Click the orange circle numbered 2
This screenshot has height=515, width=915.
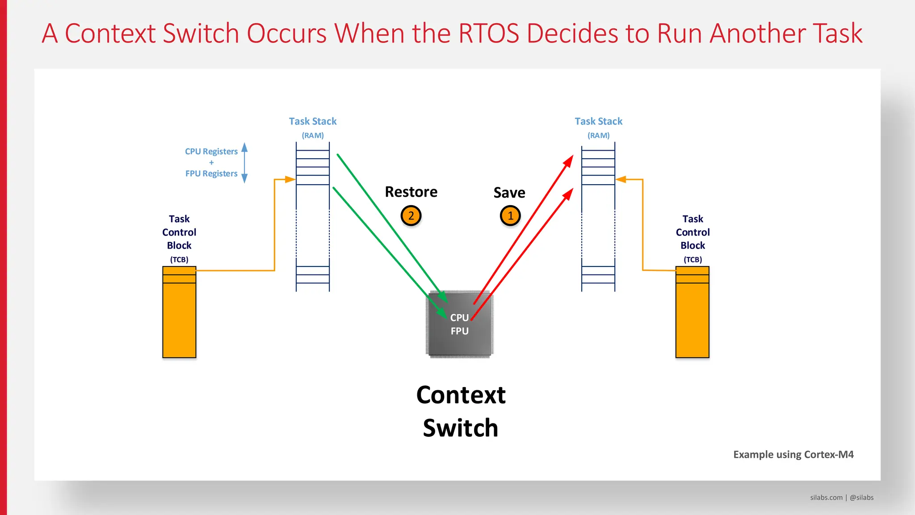click(x=411, y=216)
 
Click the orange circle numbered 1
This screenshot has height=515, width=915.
click(x=510, y=216)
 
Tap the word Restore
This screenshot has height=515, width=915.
click(x=411, y=192)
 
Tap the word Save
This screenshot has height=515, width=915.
click(x=509, y=193)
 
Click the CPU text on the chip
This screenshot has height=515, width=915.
click(x=459, y=317)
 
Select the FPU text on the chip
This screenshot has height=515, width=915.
click(x=459, y=331)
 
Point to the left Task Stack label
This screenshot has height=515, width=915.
click(x=312, y=121)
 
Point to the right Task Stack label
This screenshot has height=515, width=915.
click(x=598, y=121)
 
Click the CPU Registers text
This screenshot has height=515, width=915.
click(x=211, y=152)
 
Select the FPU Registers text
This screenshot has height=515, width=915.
click(x=211, y=173)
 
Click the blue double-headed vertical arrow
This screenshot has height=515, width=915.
click(x=244, y=163)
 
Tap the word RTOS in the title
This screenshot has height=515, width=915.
click(x=489, y=34)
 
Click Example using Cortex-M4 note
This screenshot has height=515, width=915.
click(x=793, y=455)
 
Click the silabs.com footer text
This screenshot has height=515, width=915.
click(x=826, y=498)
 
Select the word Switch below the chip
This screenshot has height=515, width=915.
click(x=460, y=428)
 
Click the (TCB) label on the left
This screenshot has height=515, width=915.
click(x=179, y=260)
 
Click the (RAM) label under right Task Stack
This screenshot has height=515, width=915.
click(x=598, y=135)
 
